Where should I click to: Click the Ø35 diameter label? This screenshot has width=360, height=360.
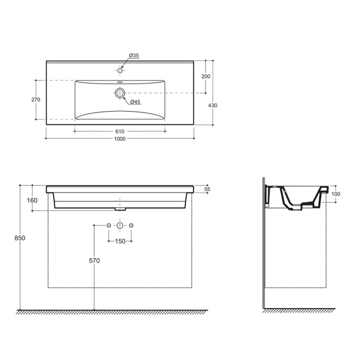pyautogui.click(x=134, y=55)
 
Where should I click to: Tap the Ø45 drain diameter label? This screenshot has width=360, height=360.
pyautogui.click(x=135, y=102)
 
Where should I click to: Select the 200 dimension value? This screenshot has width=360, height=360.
pyautogui.click(x=206, y=76)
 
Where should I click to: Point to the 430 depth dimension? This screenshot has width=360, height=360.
pyautogui.click(x=213, y=105)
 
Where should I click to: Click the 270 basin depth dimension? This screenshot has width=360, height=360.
pyautogui.click(x=36, y=100)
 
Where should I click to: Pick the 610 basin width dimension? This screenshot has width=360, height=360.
pyautogui.click(x=120, y=131)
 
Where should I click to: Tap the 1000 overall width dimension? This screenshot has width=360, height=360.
pyautogui.click(x=120, y=139)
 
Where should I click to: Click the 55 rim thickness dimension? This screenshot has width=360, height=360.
pyautogui.click(x=207, y=189)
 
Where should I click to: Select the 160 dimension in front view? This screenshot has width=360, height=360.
pyautogui.click(x=32, y=200)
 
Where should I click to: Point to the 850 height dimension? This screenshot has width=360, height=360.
pyautogui.click(x=20, y=238)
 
